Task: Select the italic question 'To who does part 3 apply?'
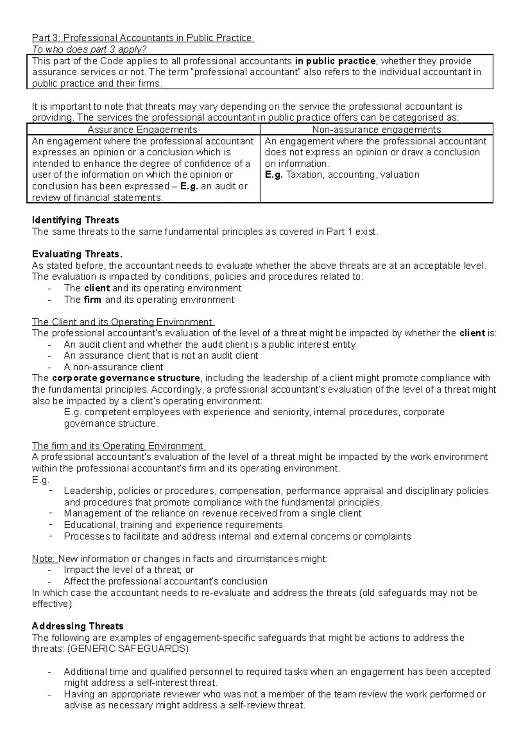89,49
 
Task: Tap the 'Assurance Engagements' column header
143,129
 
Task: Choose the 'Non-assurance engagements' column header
376,129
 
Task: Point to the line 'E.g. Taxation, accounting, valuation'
342,174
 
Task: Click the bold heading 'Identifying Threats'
76,220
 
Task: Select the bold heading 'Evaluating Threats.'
77,254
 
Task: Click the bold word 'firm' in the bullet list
92,299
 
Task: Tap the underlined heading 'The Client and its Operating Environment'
122,322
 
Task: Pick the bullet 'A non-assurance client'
114,367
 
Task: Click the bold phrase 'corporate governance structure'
126,378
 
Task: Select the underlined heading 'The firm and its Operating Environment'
117,446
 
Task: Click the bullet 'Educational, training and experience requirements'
173,525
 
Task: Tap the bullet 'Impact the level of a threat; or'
129,570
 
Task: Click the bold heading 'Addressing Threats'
78,626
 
